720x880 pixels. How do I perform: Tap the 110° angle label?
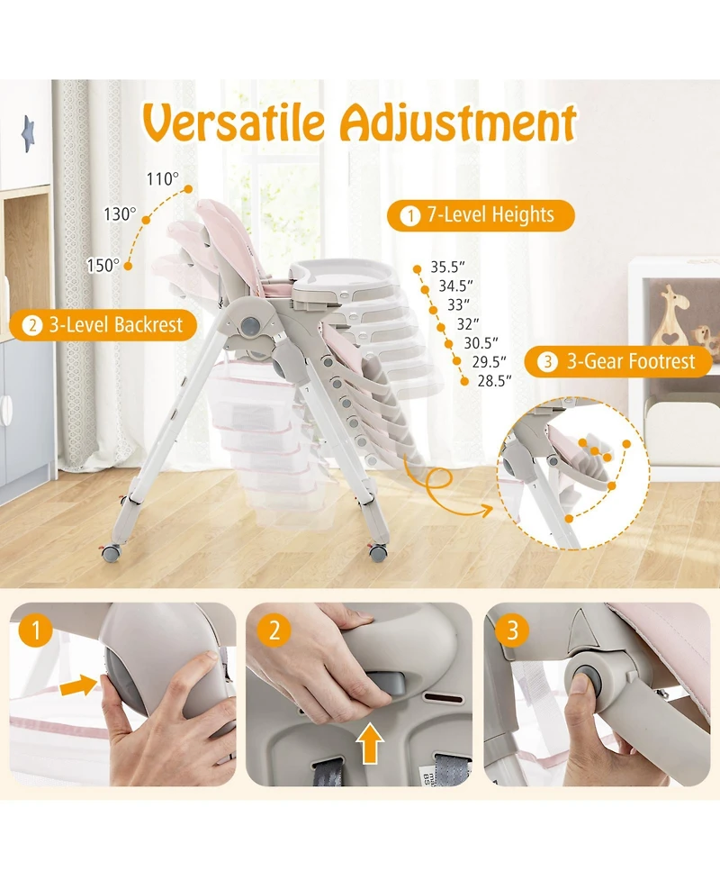pos(163,179)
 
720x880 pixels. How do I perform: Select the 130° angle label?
pos(120,214)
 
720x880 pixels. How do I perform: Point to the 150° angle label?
pos(103,265)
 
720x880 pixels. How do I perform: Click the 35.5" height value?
pos(447,267)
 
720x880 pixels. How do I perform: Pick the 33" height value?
pos(458,304)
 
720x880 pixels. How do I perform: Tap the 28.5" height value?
pos(495,381)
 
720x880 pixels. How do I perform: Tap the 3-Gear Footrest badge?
pos(618,362)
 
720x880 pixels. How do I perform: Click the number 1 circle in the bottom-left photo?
pos(36,631)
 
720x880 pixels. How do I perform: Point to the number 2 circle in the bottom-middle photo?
pos(274,631)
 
